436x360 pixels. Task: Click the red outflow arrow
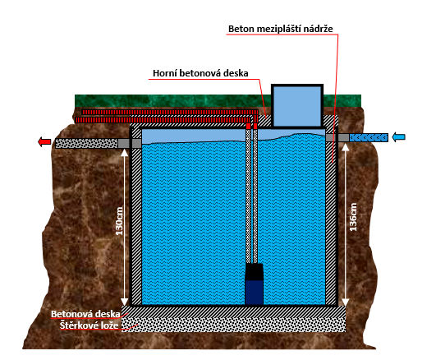click(x=44, y=141)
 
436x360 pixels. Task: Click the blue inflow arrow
click(x=398, y=137)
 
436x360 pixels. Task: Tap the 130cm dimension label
click(x=119, y=221)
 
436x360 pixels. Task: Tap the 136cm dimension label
click(x=353, y=217)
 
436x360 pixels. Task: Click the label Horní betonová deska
click(x=200, y=73)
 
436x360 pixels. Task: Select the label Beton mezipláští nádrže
click(x=281, y=29)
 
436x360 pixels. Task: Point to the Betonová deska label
click(x=85, y=314)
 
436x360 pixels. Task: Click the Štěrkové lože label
click(x=89, y=325)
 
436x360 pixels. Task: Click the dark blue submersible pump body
click(x=254, y=293)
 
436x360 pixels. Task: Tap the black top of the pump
click(x=254, y=272)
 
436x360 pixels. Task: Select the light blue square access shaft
click(x=297, y=106)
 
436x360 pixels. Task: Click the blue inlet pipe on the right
click(x=369, y=137)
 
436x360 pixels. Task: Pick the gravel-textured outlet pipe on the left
click(x=86, y=143)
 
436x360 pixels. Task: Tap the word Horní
click(x=164, y=73)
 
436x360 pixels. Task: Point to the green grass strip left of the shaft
click(x=173, y=101)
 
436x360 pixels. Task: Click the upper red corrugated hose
click(x=170, y=112)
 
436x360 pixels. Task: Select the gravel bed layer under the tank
click(x=234, y=325)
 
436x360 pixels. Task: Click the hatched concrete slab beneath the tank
click(x=234, y=312)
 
